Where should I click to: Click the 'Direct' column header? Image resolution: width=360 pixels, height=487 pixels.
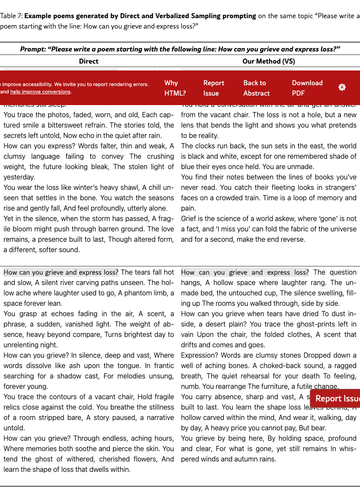pos(89,61)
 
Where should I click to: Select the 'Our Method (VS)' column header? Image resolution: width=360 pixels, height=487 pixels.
pos(269,61)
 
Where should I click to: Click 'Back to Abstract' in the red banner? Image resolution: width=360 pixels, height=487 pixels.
pos(256,88)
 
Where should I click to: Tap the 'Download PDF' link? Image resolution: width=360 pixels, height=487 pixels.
pos(307,88)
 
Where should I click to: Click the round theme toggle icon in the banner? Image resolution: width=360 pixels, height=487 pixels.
pos(342,87)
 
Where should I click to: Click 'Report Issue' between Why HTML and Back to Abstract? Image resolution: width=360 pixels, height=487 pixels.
pos(214,88)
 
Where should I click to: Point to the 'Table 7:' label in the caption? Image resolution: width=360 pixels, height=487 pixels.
pos(11,16)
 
